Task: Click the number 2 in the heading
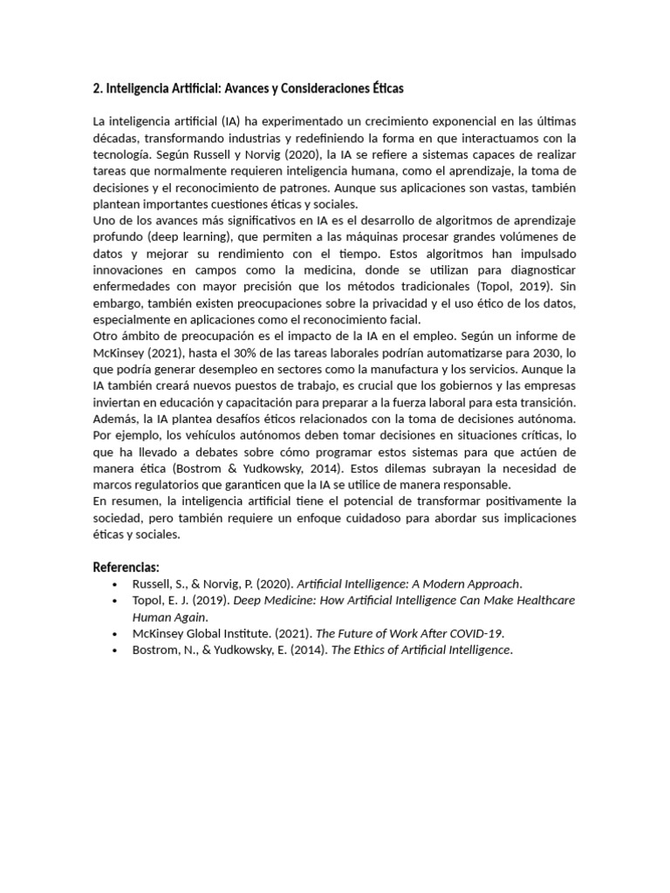tap(96, 89)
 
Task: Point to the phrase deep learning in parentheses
tap(188, 236)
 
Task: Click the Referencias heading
tap(126, 568)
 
